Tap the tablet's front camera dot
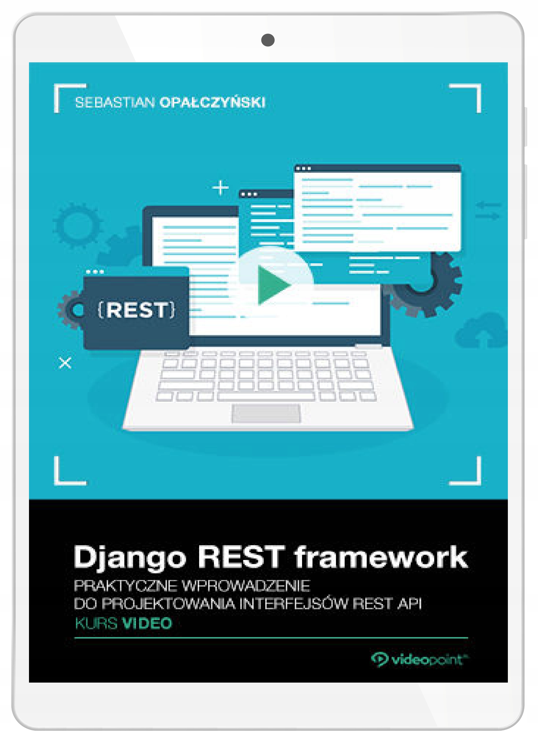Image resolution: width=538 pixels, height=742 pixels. point(268,40)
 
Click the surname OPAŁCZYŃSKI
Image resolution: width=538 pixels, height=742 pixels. point(212,102)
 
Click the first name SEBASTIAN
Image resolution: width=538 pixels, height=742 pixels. point(115,103)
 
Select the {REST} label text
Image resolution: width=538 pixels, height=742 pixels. point(137,310)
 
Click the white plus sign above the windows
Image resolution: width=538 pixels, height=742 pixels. point(221,188)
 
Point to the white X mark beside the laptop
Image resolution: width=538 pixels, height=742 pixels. point(65,363)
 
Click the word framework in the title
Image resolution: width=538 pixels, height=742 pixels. point(381,556)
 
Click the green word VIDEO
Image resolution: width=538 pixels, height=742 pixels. point(147,623)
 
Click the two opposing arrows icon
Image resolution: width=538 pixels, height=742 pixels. point(488,210)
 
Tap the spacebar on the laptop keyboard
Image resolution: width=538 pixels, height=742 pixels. point(266,397)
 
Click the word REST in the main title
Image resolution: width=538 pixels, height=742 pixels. point(241,556)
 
